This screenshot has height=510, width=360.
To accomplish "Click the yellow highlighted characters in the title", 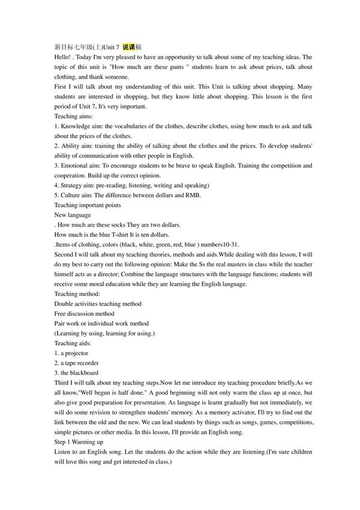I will tap(129, 47).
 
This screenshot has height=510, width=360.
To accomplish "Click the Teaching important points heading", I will tap(87, 205).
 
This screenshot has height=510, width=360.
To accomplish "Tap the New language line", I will tap(73, 214).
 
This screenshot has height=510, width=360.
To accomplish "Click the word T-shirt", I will tap(121, 234).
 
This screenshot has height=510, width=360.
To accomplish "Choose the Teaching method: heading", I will tap(77, 293).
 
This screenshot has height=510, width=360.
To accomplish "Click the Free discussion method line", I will tap(84, 313).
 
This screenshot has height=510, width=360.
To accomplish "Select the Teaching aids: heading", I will tap(73, 343).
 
